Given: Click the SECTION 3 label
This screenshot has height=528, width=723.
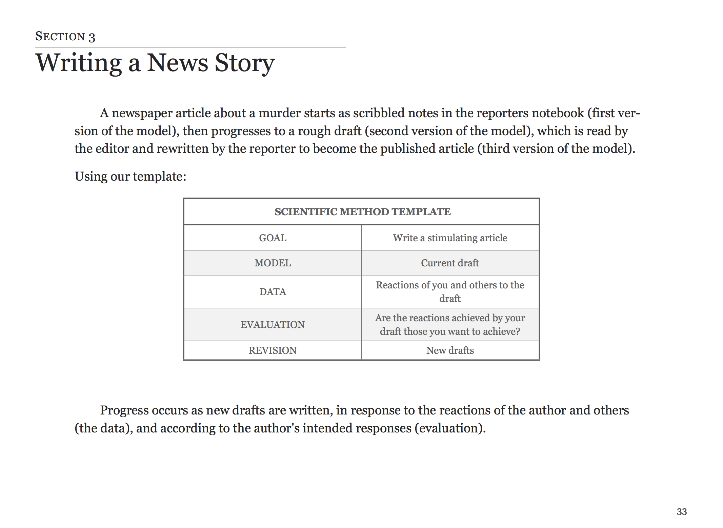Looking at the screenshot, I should pos(65,36).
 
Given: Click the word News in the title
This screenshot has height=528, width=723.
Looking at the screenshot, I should pos(178,63).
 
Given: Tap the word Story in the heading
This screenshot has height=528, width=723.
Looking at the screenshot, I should pos(245,63).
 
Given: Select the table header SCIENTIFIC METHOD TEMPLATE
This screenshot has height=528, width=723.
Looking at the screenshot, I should pos(362,212).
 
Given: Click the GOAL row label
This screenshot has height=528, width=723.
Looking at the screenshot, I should pos(273,238).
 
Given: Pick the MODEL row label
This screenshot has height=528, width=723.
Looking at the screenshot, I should pos(273,263).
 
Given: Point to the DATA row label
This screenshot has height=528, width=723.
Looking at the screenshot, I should pos(273,292).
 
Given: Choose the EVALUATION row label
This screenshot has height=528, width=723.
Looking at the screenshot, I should pos(273,325).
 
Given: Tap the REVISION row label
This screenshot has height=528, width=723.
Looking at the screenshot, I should pos(273,350).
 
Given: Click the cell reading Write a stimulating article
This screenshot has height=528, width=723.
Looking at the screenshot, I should pos(450,238).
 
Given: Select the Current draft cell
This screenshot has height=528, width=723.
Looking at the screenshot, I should pos(450,263).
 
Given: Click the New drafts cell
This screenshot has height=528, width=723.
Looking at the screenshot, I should pos(450,350).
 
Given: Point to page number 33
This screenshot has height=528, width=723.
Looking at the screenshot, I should pos(682,512).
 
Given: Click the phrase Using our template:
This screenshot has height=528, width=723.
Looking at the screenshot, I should pos(130,177).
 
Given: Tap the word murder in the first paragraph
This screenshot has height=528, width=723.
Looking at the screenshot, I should pos(279,113).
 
